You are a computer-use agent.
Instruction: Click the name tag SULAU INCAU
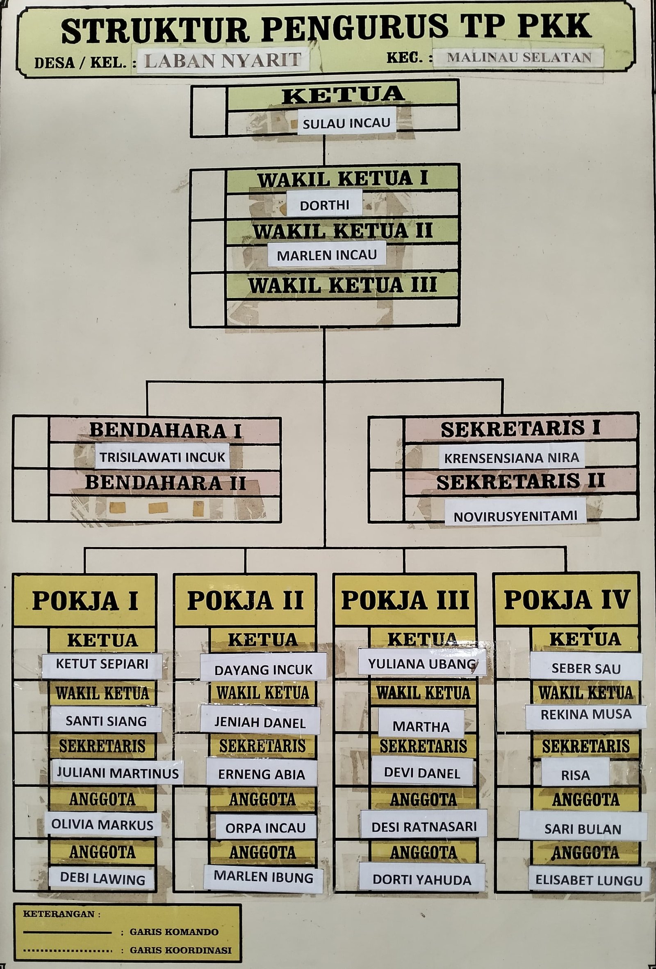tap(346, 123)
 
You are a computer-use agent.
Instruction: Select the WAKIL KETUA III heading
tap(343, 285)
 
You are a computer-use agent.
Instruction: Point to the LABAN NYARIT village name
tap(223, 61)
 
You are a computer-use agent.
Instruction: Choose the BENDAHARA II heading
tap(165, 483)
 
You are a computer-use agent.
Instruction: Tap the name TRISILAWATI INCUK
tap(162, 457)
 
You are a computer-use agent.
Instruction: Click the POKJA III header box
tap(405, 600)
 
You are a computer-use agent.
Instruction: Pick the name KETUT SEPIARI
tap(102, 664)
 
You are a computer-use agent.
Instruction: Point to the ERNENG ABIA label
tap(262, 774)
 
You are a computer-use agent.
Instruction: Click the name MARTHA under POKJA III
tap(421, 727)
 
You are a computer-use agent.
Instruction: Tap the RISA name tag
tap(576, 775)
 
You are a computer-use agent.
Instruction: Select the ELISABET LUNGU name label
tap(589, 880)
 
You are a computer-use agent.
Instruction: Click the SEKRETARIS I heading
tap(520, 429)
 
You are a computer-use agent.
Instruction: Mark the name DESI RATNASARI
tap(424, 826)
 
